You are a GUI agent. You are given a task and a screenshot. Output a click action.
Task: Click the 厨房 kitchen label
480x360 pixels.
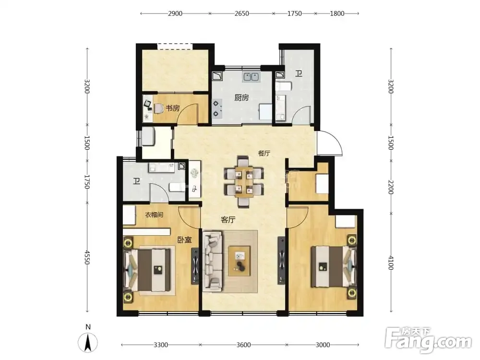tap(241, 97)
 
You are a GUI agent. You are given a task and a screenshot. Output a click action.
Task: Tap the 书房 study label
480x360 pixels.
tap(173, 108)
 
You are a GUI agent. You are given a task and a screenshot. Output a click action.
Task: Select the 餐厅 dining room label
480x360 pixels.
tap(264, 153)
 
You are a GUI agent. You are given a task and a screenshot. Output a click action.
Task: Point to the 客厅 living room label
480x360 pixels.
tap(228, 219)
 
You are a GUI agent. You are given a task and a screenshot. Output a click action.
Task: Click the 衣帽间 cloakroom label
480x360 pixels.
tap(154, 215)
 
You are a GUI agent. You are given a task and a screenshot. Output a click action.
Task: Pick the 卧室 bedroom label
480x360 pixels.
tap(185, 240)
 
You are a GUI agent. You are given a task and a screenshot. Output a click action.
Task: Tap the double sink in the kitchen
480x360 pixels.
tap(252, 77)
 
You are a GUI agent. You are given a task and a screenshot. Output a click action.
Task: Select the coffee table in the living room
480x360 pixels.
tap(239, 261)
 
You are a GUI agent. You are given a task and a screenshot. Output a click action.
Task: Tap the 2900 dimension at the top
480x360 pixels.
tap(175, 13)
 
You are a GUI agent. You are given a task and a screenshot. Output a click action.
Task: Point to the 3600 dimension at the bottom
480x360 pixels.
tap(244, 345)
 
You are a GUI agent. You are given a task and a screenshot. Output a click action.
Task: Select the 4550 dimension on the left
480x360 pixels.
tap(87, 257)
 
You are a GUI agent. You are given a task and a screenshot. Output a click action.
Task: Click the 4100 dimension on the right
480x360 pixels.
tap(391, 263)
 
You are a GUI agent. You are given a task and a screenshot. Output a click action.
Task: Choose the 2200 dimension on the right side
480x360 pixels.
tap(391, 187)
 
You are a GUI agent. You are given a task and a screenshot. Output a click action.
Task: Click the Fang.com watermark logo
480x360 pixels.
tap(428, 340)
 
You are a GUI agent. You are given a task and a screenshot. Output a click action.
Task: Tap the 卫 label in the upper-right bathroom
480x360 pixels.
tap(299, 73)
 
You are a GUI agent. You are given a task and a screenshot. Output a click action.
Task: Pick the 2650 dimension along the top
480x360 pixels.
tap(241, 13)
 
